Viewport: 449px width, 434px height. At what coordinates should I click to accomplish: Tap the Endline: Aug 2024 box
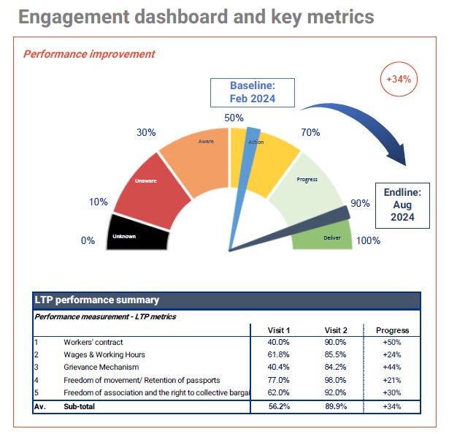399,205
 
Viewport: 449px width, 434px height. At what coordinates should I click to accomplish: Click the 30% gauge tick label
147,132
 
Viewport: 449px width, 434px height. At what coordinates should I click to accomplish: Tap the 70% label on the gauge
310,132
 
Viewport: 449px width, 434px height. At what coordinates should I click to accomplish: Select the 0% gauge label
88,240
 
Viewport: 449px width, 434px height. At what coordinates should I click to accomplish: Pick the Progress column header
392,330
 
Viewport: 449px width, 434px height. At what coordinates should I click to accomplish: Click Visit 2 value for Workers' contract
337,342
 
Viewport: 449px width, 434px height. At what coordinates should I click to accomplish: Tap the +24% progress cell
392,354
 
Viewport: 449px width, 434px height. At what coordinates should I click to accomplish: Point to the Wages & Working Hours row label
104,354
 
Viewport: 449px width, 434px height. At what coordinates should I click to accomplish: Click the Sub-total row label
80,406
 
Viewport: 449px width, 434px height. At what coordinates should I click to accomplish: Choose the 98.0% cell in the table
337,380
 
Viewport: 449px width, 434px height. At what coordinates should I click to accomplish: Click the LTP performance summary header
97,300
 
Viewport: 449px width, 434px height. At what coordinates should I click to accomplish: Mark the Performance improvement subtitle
89,54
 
